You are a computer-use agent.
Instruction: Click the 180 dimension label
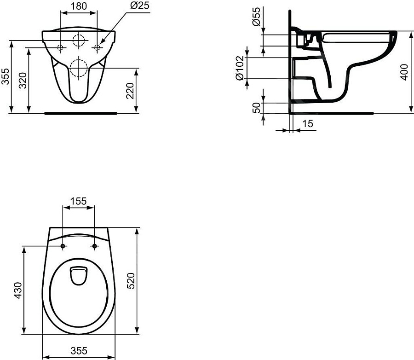tap(78, 6)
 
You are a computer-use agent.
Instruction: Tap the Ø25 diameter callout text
tap(139, 6)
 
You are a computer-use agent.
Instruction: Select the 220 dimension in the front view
tap(130, 90)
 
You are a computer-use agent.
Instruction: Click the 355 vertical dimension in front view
tap(5, 76)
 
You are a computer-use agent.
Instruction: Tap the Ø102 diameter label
tap(240, 68)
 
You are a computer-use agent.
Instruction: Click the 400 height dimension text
tap(404, 72)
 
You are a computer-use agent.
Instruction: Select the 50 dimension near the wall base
tap(257, 108)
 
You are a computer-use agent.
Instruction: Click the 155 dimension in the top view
tap(78, 201)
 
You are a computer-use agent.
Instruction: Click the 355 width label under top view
tap(79, 351)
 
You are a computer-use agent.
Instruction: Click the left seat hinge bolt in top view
tap(63, 247)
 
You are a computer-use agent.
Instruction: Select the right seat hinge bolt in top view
tap(95, 247)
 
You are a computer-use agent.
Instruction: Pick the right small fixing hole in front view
tap(97, 47)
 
